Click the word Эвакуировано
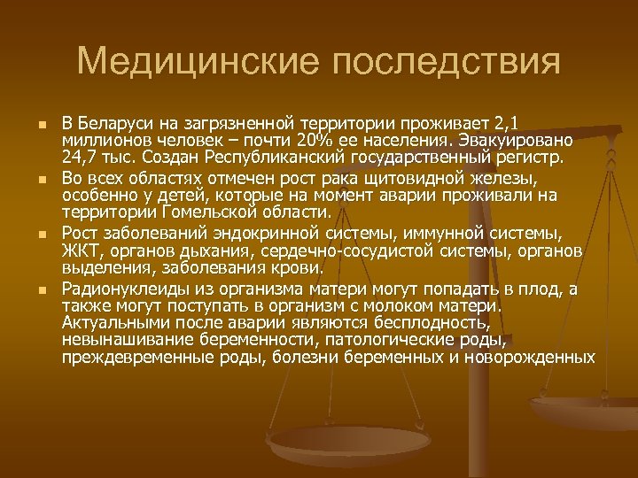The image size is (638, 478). tap(529, 142)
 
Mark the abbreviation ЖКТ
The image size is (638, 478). tap(77, 251)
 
